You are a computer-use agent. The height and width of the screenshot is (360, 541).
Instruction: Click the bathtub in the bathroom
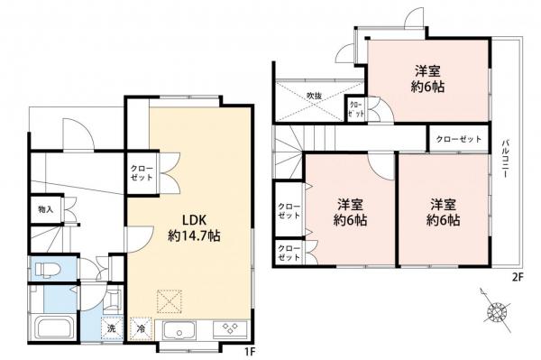(x=50, y=328)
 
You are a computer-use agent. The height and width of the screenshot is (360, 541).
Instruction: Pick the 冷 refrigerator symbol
(x=142, y=330)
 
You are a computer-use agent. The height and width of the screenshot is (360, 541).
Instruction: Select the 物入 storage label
(x=45, y=209)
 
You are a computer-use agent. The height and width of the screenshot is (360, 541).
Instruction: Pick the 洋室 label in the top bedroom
(x=428, y=71)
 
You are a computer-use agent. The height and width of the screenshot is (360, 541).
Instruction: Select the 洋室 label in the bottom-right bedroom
(x=443, y=203)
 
